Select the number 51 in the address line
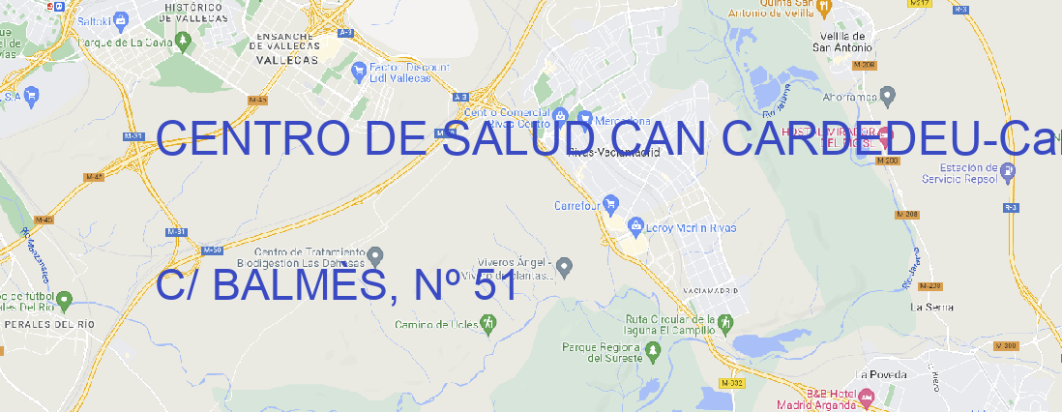click(x=495, y=285)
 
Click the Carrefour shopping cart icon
click(x=612, y=205)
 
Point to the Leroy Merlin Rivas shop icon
click(x=635, y=227)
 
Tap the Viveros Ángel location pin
click(x=567, y=265)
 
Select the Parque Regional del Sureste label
click(x=602, y=352)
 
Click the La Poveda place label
click(x=882, y=374)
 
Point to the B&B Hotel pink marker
click(x=867, y=396)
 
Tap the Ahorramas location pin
click(x=888, y=96)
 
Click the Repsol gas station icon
click(x=1008, y=171)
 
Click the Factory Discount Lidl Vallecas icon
click(x=360, y=70)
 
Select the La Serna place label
click(x=932, y=307)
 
